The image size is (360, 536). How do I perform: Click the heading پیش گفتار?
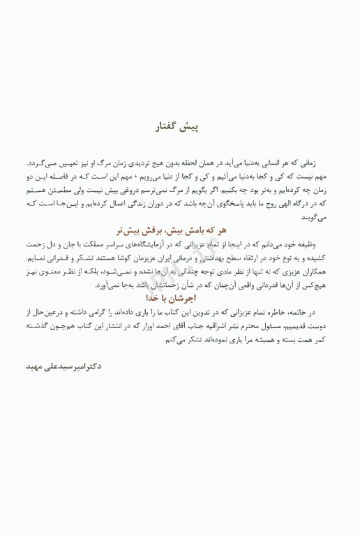point(179,128)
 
